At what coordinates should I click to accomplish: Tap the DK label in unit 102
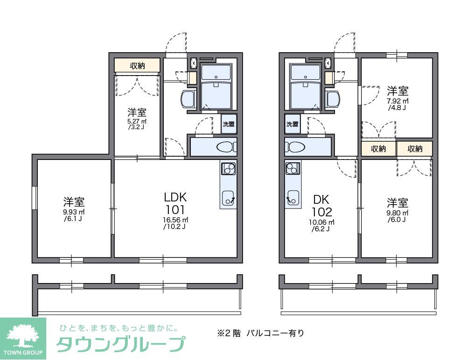click(x=321, y=199)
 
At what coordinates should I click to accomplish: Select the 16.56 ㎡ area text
click(x=175, y=220)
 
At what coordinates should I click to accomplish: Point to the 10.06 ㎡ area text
click(x=320, y=222)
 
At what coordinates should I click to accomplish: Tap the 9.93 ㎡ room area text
click(x=74, y=212)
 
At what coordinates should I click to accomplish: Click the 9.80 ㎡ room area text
click(x=397, y=213)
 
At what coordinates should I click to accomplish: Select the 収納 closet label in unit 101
click(x=138, y=65)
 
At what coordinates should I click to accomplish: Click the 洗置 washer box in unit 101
click(x=228, y=124)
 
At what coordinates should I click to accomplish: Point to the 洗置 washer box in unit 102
click(x=292, y=124)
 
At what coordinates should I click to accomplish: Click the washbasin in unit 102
click(x=333, y=99)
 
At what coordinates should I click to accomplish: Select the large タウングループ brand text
click(x=120, y=345)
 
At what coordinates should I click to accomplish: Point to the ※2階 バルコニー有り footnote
click(x=260, y=333)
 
